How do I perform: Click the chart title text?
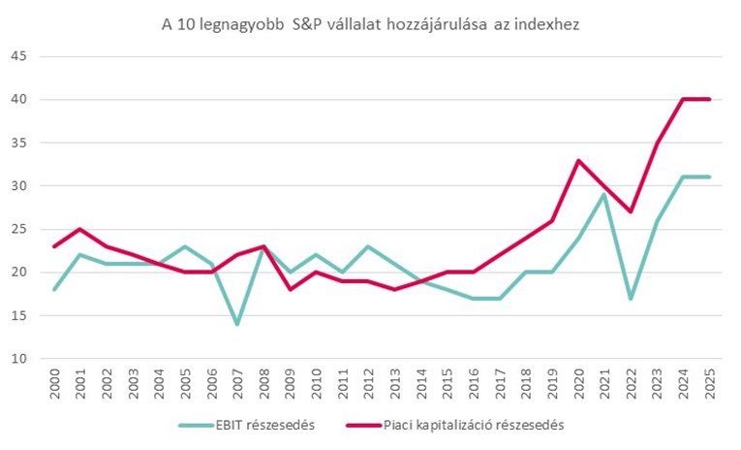coord(370,23)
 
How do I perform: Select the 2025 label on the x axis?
coord(711,382)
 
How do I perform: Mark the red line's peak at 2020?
coord(578,160)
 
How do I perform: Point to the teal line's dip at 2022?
coord(631,298)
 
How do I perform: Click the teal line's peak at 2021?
coord(604,194)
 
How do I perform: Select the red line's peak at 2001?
coord(81,229)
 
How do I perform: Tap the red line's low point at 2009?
coord(290,289)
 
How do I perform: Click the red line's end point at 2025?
coord(709,99)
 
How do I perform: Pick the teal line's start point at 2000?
coord(55,289)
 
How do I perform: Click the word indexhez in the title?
coord(547,23)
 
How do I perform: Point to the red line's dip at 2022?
coord(631,211)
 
